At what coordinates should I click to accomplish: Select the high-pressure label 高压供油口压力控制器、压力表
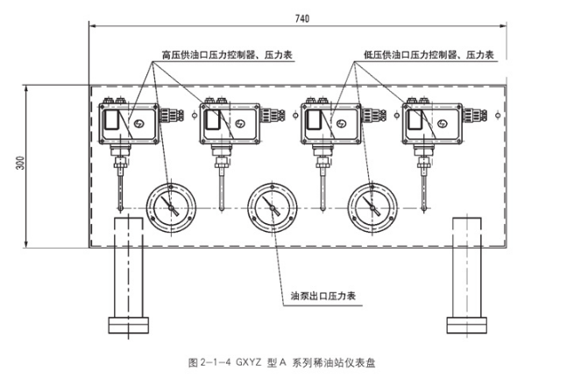point(227,54)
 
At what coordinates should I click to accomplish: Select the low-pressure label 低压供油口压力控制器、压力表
point(429,54)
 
